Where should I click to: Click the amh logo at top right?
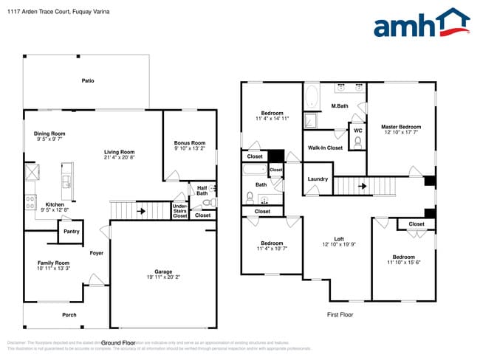(x=421, y=24)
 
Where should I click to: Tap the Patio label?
(x=88, y=81)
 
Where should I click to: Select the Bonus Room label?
(x=189, y=142)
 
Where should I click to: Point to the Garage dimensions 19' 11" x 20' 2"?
(x=162, y=277)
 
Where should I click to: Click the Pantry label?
(x=71, y=232)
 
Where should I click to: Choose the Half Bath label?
(x=202, y=190)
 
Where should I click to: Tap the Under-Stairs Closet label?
(x=180, y=210)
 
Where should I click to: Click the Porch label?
(x=69, y=315)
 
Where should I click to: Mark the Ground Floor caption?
(x=118, y=343)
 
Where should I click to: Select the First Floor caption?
(x=340, y=314)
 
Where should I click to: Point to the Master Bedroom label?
(x=401, y=126)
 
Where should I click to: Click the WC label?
(x=357, y=131)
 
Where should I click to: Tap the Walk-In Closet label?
(x=325, y=148)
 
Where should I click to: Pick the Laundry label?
(x=318, y=179)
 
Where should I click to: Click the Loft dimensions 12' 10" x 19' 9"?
(x=339, y=245)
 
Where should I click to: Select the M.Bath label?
(x=340, y=106)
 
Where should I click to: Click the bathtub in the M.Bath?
(x=312, y=95)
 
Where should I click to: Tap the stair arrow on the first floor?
(x=362, y=186)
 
